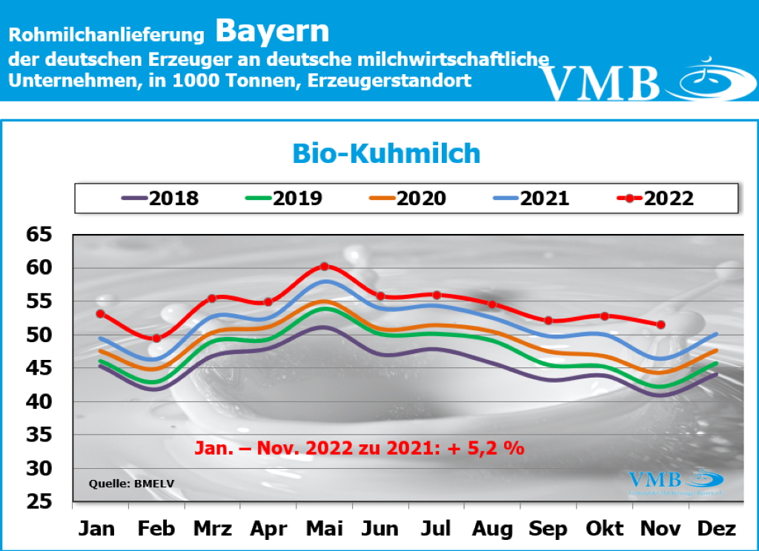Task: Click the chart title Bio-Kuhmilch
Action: [386, 153]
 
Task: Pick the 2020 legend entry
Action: [407, 198]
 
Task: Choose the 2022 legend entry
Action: [655, 198]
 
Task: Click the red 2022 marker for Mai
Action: [325, 266]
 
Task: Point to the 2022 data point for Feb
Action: [156, 338]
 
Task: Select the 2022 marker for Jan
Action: [100, 313]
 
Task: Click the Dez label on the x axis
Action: [717, 529]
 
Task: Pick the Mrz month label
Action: [213, 529]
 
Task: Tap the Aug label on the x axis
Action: [492, 529]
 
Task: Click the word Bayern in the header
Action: [272, 31]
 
